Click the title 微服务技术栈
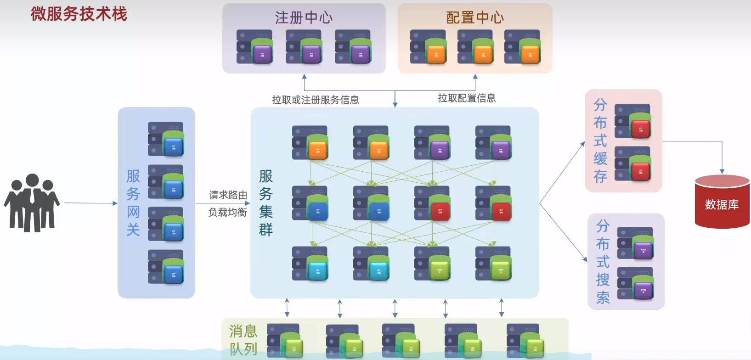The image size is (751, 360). click(79, 14)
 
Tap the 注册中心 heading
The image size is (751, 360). click(304, 17)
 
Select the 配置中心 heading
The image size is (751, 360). click(475, 17)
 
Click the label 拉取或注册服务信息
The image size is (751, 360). click(315, 100)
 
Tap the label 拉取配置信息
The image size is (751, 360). click(467, 98)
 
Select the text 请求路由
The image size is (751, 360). click(228, 195)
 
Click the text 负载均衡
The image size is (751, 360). click(227, 212)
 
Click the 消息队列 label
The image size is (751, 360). click(243, 340)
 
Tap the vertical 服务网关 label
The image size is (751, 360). click(133, 202)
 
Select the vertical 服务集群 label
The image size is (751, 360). click(266, 202)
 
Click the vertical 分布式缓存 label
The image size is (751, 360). click(600, 141)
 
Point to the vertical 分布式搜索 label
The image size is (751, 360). click(603, 262)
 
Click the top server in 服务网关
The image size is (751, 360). click(166, 139)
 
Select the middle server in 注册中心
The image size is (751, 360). click(304, 47)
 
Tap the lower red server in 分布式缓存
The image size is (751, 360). click(632, 164)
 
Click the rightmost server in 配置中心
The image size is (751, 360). click(522, 47)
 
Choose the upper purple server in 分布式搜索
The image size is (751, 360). click(635, 244)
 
